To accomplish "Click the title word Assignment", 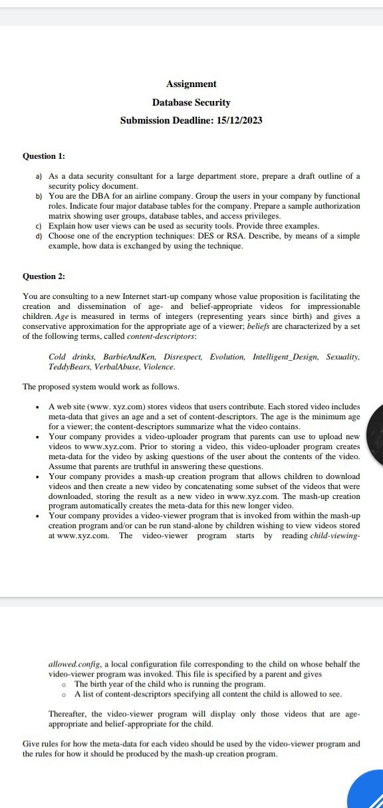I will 191,84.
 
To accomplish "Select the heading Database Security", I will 191,102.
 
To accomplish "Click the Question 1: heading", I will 44,156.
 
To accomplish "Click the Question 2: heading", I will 44,276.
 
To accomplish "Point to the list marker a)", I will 39,177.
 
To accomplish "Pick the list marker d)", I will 39,236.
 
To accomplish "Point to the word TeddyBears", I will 68,367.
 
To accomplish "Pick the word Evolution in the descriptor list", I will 227,357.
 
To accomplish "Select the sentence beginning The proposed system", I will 101,387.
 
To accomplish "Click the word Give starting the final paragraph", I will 31,744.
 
